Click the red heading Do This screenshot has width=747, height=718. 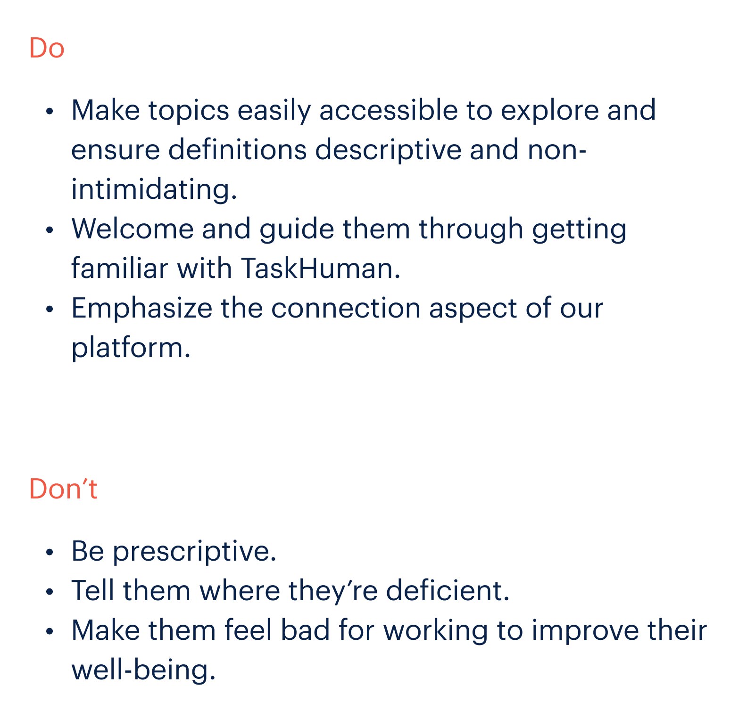click(46, 48)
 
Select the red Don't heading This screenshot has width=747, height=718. click(63, 489)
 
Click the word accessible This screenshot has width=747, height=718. click(389, 110)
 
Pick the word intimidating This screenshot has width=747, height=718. click(154, 190)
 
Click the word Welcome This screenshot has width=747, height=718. click(133, 228)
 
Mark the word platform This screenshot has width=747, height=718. click(131, 348)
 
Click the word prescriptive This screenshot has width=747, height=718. click(194, 551)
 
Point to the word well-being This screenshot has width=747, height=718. click(143, 670)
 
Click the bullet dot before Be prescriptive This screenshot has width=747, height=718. click(50, 552)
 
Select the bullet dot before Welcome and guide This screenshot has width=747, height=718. click(50, 230)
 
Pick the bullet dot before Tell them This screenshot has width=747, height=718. click(50, 592)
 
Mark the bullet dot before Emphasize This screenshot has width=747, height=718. click(50, 310)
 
